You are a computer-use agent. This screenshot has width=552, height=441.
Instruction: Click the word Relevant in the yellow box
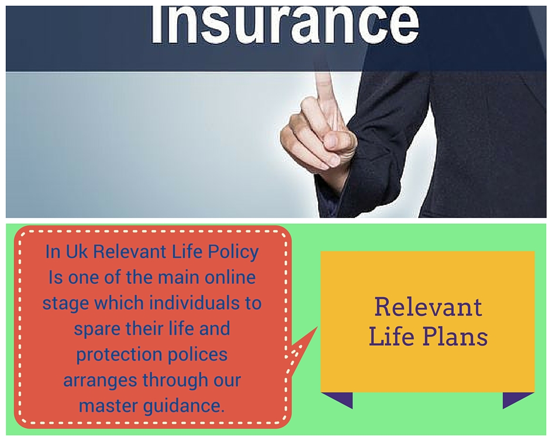(428, 307)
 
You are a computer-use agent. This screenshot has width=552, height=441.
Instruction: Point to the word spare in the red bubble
(98, 329)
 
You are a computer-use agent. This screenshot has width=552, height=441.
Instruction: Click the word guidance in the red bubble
(186, 405)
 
